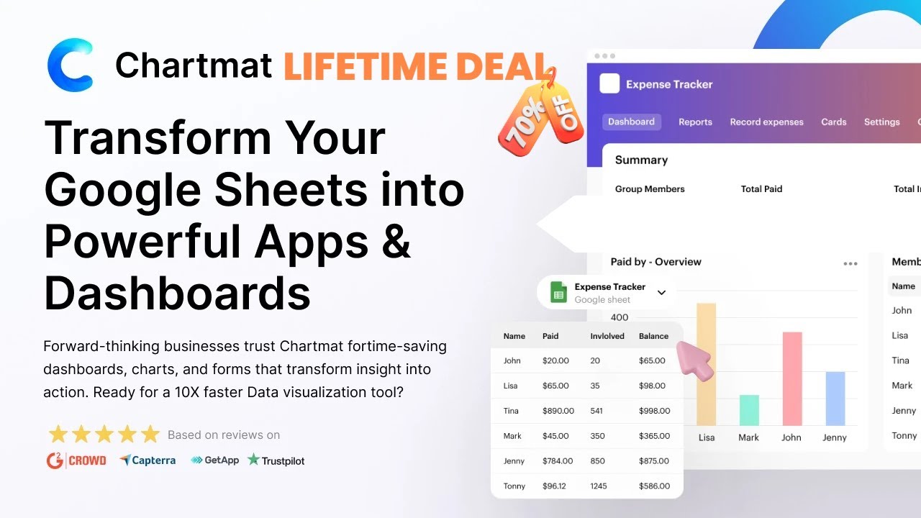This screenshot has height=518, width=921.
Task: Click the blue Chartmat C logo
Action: click(x=70, y=65)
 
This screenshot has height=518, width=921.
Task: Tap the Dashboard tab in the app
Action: click(x=631, y=122)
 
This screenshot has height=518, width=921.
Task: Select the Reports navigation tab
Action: click(x=695, y=122)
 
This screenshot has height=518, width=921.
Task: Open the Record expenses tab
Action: click(x=766, y=122)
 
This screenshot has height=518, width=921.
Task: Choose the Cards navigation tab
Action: click(x=833, y=122)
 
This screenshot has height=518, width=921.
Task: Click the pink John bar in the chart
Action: click(x=791, y=378)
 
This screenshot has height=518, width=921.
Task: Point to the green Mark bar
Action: click(x=748, y=410)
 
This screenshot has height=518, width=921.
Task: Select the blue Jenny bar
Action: click(x=835, y=399)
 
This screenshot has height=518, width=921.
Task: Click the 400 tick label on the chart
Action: click(x=620, y=317)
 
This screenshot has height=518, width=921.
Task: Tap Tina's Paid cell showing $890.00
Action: click(x=558, y=411)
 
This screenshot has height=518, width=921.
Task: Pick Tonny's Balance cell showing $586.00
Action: click(x=654, y=486)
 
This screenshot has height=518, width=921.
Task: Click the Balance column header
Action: click(x=653, y=336)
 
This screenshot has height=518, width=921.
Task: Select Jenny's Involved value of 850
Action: click(x=598, y=460)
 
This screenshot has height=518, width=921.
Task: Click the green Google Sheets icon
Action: click(x=558, y=293)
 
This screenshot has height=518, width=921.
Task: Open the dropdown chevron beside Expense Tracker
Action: click(x=662, y=293)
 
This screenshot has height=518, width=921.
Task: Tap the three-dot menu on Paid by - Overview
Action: click(x=850, y=263)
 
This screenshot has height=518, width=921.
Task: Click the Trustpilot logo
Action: click(x=276, y=460)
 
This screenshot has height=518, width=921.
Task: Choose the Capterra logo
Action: click(x=148, y=460)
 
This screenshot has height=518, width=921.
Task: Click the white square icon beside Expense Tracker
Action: click(x=609, y=84)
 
